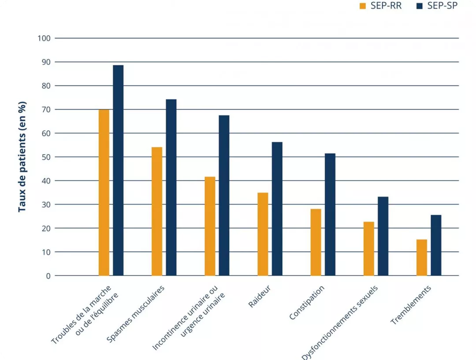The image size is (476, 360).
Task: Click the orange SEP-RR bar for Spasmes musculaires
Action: (157, 212)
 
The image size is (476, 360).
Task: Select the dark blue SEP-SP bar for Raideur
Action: (277, 209)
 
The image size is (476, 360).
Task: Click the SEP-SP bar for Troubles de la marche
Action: (118, 171)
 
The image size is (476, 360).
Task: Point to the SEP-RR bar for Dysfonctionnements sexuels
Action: (369, 249)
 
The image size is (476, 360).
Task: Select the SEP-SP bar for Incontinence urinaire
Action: (224, 196)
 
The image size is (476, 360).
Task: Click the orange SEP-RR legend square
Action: (363, 7)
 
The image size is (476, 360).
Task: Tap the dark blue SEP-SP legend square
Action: (419, 7)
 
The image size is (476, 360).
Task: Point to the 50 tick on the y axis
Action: (46, 157)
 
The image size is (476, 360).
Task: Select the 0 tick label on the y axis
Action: (48, 276)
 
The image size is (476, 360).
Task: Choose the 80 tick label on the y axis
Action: (46, 86)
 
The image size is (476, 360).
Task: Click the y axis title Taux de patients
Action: (22, 157)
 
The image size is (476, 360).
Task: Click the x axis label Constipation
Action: (307, 303)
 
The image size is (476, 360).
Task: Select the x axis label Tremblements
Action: (411, 305)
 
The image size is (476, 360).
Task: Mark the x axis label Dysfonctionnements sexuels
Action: (340, 322)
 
